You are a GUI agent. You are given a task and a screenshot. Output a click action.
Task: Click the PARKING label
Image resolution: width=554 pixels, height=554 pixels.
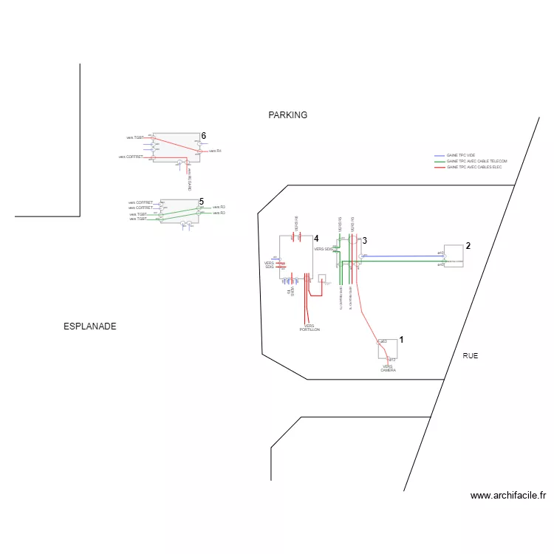[287, 115]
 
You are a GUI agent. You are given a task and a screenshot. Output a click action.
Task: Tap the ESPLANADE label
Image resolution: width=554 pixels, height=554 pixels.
[90, 326]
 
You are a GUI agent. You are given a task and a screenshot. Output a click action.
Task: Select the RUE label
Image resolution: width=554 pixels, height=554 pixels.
[470, 356]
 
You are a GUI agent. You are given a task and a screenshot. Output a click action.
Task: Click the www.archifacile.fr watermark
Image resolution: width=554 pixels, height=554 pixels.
[507, 496]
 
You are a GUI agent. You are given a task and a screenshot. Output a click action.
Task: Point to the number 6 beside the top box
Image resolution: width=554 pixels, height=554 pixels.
[204, 136]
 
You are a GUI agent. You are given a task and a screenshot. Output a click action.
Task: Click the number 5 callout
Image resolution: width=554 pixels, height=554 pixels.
[201, 201]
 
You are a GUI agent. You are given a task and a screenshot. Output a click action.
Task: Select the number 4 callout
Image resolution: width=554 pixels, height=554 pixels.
[316, 239]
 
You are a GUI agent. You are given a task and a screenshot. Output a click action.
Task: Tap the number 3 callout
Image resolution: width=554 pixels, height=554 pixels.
[364, 241]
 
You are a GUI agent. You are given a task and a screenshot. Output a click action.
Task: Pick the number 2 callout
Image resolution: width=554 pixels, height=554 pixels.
[468, 246]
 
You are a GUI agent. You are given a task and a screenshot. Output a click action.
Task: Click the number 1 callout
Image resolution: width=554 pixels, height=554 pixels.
[401, 339]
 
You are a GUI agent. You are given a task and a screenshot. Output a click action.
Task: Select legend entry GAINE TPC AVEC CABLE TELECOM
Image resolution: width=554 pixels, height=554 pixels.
[476, 161]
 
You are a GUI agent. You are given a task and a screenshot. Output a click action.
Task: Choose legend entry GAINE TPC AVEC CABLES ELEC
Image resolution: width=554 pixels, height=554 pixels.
[474, 167]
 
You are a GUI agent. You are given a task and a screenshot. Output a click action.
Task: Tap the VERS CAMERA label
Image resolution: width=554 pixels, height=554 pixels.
[388, 368]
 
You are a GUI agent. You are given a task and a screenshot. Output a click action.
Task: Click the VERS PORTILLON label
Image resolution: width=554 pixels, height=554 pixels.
[310, 328]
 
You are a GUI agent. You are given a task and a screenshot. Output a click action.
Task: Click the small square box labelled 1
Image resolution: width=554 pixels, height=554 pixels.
[387, 349]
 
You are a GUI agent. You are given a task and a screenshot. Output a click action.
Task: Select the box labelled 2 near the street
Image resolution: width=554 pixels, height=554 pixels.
[453, 256]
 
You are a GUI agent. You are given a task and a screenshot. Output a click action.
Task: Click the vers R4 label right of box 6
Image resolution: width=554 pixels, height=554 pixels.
[216, 151]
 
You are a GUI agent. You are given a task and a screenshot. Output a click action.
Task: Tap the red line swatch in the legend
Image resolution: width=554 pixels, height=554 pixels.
[440, 167]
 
